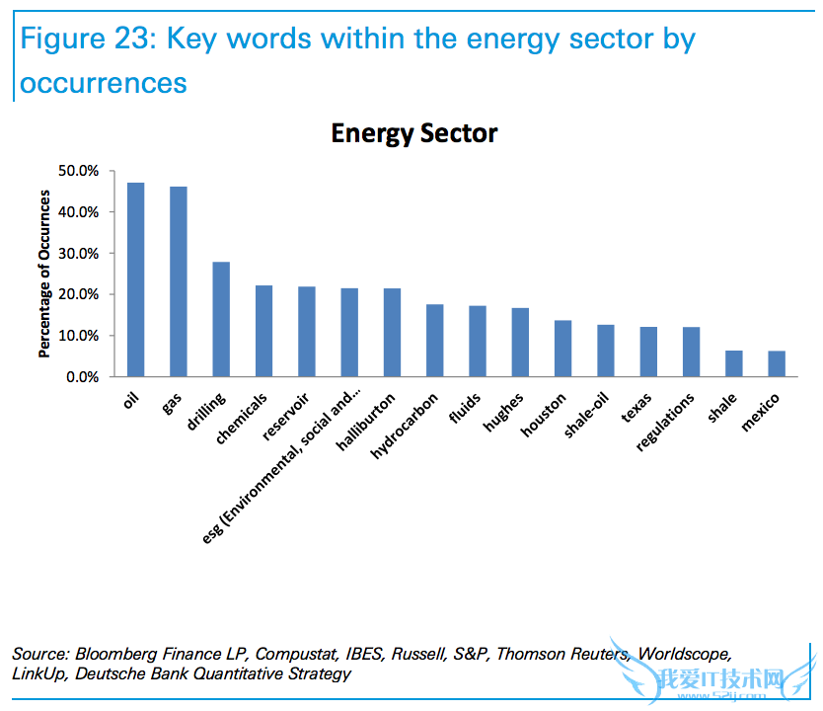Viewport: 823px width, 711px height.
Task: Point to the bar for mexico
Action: tap(777, 364)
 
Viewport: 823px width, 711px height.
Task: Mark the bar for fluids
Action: tap(478, 342)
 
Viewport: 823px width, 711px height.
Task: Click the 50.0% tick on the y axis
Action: tap(80, 171)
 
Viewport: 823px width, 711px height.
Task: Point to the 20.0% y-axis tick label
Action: tap(80, 294)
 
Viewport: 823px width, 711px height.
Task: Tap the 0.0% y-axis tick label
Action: tap(83, 377)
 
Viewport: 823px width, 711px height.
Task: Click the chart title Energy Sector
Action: tap(413, 132)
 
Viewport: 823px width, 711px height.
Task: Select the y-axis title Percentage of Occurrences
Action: tap(45, 274)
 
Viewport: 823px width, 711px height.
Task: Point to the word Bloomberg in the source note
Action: tap(112, 654)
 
